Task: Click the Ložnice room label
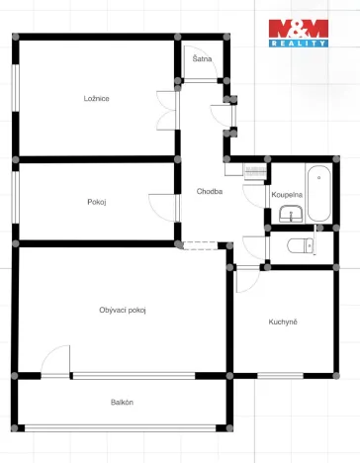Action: point(96,98)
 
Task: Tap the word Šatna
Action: point(201,59)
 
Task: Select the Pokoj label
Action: point(96,202)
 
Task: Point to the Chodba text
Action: point(209,191)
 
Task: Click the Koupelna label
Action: point(286,195)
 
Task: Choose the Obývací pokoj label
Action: point(123,310)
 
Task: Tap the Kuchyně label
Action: point(283,323)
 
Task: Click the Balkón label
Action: point(122,402)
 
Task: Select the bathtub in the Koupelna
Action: point(318,196)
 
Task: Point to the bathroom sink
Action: point(290,215)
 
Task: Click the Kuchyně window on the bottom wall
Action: point(281,375)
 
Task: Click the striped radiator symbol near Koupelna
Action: point(255,170)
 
